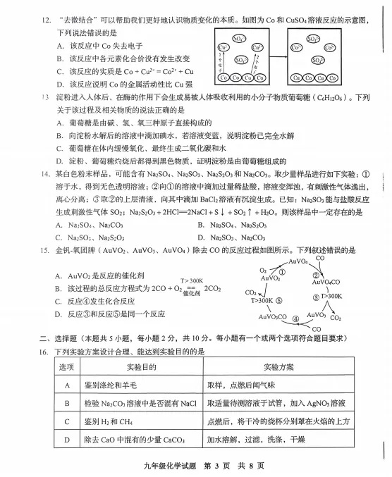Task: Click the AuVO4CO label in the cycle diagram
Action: pyautogui.click(x=326, y=282)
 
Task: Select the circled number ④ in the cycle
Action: pyautogui.click(x=295, y=318)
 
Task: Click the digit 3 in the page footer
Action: pyautogui.click(x=209, y=466)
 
